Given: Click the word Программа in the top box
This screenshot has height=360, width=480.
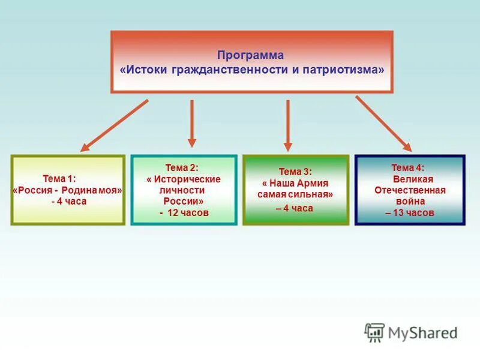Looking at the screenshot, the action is point(251,55).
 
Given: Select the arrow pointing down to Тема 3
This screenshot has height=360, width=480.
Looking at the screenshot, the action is point(288,125).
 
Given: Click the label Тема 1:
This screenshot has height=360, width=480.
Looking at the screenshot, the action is point(59,178).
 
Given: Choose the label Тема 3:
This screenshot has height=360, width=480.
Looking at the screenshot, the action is point(295,172).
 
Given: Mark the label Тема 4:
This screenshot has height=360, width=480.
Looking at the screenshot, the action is point(408,168).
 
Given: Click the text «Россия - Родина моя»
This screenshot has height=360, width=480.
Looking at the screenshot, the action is point(67,190).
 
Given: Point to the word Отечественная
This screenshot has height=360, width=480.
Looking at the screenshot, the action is point(410,190).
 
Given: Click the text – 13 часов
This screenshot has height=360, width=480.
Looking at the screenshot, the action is point(410,213).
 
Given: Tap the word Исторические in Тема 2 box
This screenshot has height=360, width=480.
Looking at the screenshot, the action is point(187,179).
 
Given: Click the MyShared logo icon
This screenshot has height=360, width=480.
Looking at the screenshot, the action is point(374,332).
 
